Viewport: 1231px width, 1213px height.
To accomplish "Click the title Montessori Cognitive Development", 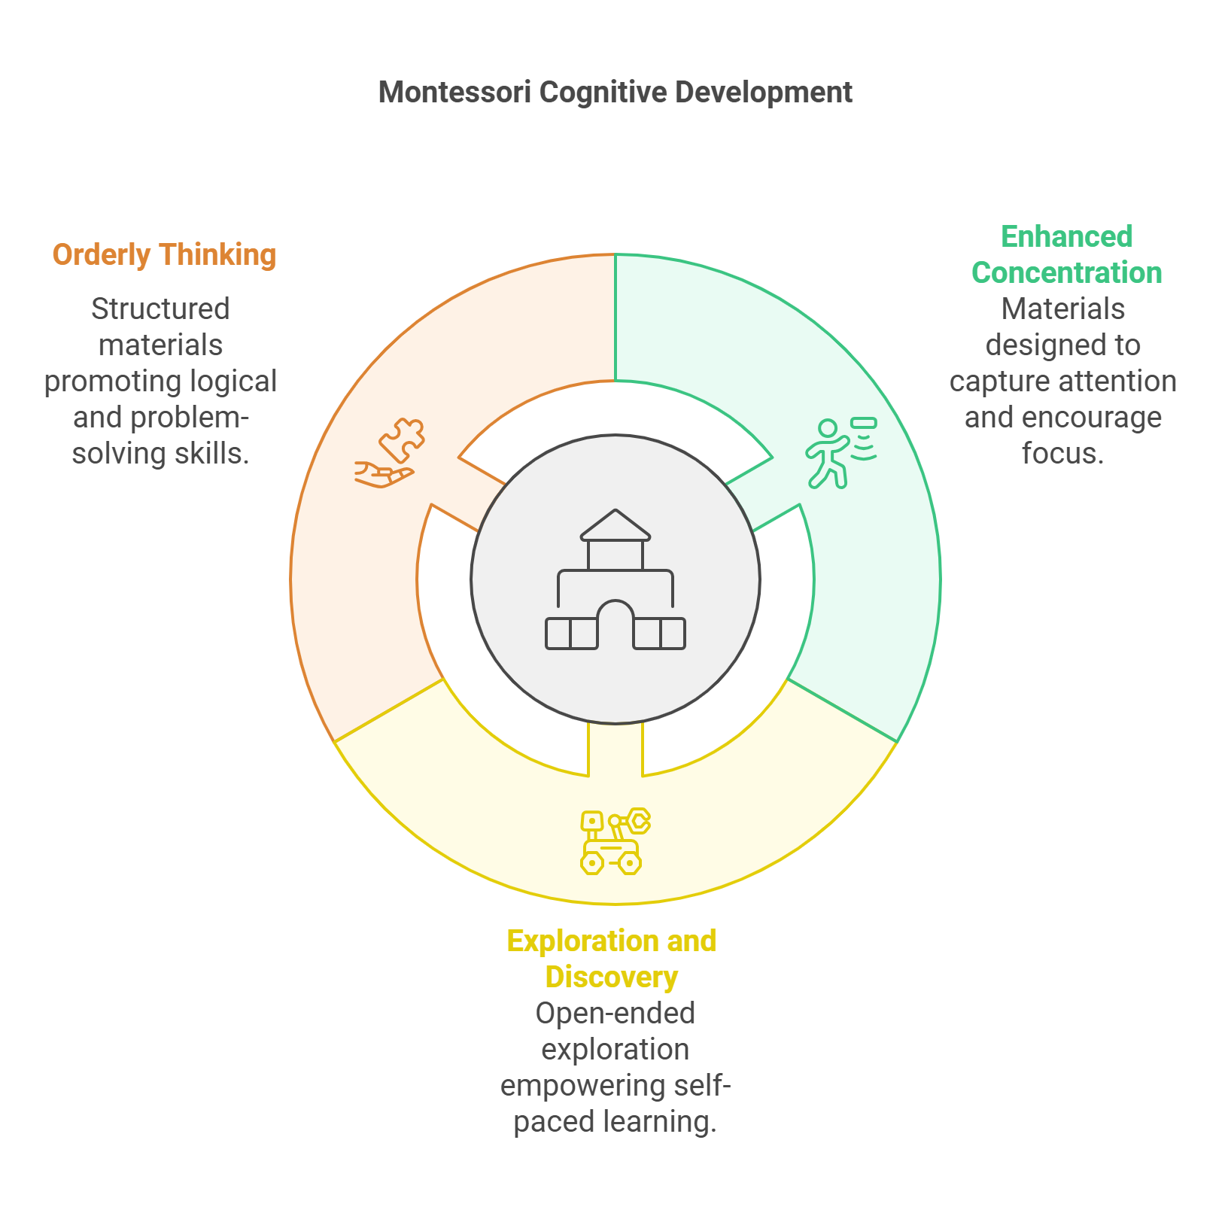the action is coord(615,93).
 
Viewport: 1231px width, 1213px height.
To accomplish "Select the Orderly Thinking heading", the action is coord(164,255).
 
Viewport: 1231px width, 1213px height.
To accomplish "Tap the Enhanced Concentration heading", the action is coord(1066,255).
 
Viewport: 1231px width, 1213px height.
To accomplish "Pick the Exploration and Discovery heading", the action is coord(612,959).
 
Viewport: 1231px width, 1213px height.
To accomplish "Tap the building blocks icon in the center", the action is coord(615,579).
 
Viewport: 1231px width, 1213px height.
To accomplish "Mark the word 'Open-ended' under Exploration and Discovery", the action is coord(615,1014).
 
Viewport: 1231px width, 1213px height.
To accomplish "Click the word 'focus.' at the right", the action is coord(1062,454).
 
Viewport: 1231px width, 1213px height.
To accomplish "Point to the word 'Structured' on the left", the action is coord(160,309).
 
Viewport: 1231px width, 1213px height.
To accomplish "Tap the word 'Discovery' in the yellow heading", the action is coord(612,977).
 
